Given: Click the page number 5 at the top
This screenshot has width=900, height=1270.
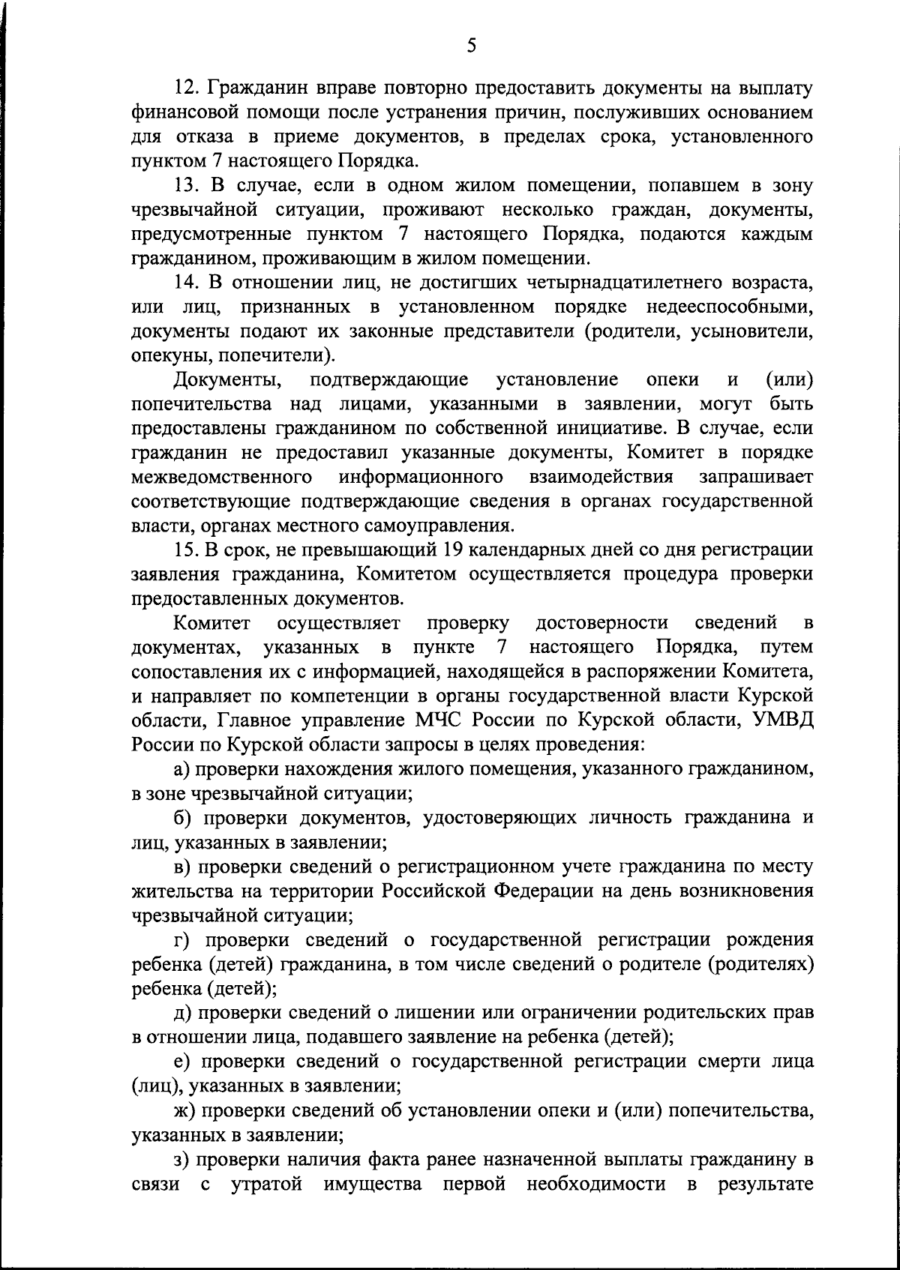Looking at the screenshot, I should tap(471, 46).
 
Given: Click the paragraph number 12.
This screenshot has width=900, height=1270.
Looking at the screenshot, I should tap(185, 88).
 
